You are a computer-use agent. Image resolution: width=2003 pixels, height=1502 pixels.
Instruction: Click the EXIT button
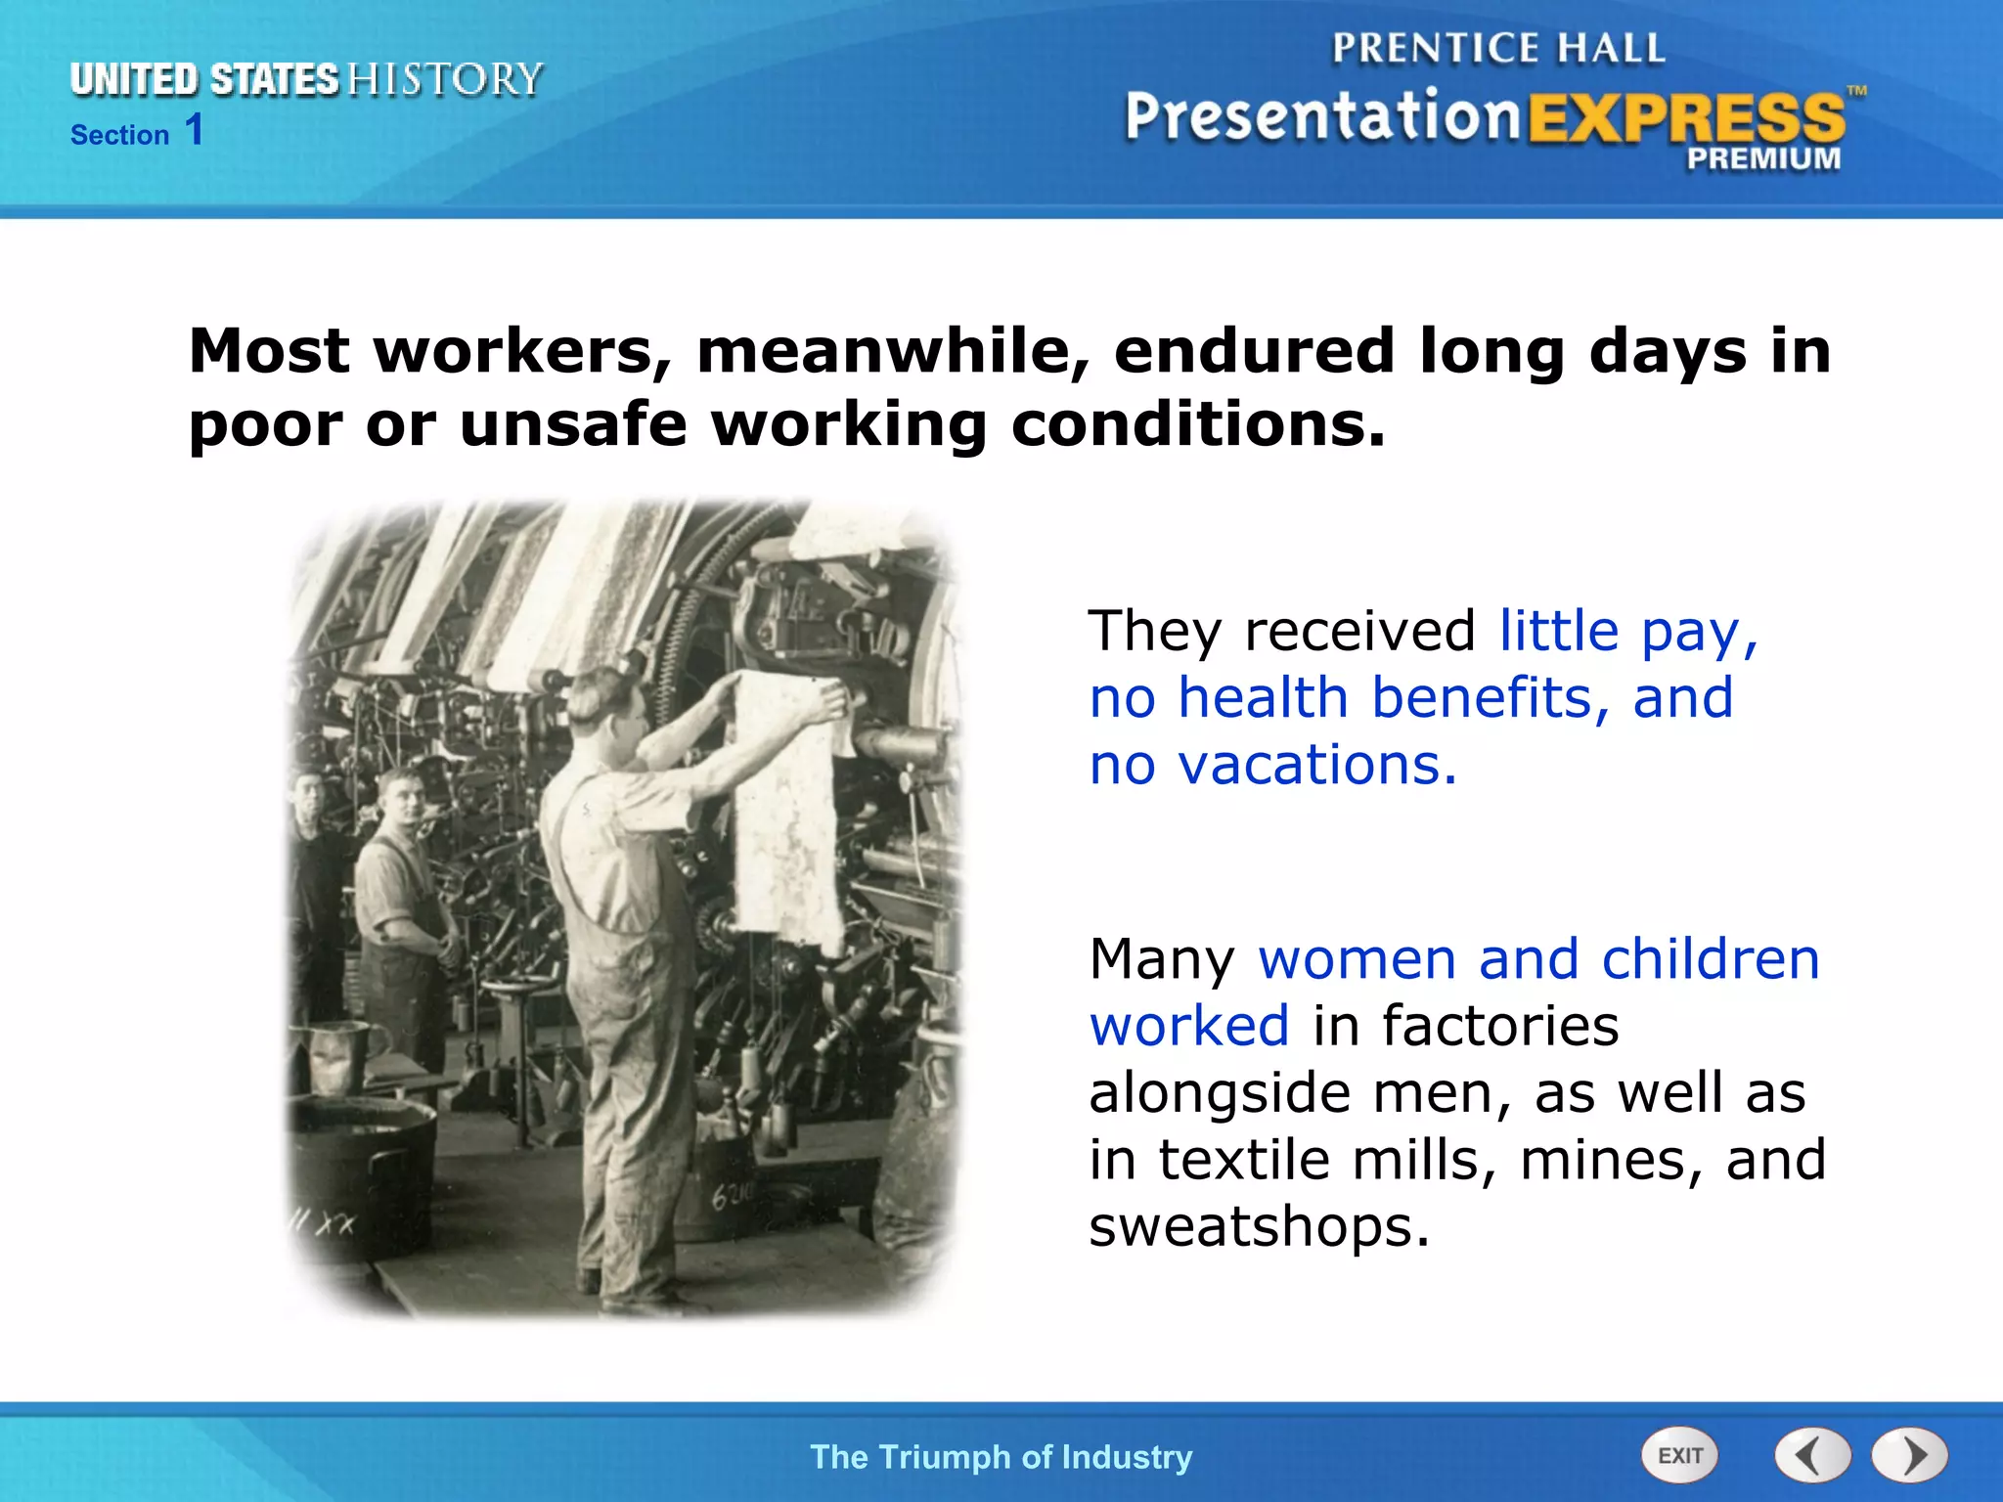(1679, 1455)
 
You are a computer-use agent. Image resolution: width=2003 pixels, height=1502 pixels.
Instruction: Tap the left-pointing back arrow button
(1811, 1455)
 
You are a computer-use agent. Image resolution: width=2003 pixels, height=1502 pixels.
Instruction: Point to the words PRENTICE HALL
(1498, 48)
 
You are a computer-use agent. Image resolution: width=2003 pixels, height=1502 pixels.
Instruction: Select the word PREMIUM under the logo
(1763, 158)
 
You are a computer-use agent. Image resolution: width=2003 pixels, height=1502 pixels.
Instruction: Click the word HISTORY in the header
(445, 79)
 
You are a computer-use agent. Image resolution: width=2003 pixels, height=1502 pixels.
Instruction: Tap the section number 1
(195, 130)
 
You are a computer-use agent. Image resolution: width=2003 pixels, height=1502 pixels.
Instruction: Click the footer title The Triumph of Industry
(1001, 1457)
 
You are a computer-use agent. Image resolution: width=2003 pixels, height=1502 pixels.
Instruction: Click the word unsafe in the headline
(573, 424)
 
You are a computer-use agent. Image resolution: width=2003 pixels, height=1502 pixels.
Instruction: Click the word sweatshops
(1259, 1225)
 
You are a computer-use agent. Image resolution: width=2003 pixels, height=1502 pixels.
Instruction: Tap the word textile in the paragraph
(1243, 1159)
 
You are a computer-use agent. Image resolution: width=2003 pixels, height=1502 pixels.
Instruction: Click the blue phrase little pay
(1627, 631)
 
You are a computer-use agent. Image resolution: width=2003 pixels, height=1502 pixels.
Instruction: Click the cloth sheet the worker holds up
(787, 812)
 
